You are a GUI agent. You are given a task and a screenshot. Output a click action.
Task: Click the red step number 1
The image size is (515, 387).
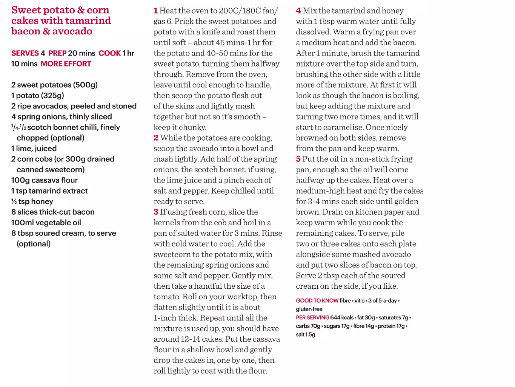tap(155, 11)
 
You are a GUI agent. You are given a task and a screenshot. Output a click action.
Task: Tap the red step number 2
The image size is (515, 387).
tap(156, 138)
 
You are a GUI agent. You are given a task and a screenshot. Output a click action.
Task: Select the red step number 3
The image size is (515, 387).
tap(156, 212)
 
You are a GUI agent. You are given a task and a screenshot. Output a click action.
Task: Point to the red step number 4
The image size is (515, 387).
tap(298, 11)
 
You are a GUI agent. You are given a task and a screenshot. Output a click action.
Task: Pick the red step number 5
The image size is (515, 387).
tap(298, 159)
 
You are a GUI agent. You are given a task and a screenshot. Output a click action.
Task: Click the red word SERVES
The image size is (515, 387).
tap(25, 53)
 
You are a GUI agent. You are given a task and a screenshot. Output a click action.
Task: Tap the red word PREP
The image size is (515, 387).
tap(57, 53)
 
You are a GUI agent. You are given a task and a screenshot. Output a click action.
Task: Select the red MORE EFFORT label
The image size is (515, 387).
tap(66, 64)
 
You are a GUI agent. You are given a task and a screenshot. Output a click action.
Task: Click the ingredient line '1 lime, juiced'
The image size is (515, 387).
tap(34, 149)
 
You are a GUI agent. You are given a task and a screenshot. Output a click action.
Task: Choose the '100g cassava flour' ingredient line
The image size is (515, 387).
tap(45, 180)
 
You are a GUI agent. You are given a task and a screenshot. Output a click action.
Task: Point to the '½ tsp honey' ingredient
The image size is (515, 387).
tap(32, 201)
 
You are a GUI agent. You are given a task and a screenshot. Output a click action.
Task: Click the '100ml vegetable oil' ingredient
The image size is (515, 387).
tap(46, 223)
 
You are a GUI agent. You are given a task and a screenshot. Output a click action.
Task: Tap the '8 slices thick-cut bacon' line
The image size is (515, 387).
tap(53, 212)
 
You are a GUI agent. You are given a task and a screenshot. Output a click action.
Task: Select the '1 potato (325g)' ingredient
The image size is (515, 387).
tap(38, 96)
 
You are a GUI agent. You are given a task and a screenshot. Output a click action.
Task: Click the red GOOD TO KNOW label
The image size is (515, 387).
tap(317, 301)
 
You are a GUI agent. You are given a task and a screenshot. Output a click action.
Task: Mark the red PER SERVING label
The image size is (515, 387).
tap(312, 318)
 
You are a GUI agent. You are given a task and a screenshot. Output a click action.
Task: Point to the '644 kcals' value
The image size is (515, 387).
tap(342, 318)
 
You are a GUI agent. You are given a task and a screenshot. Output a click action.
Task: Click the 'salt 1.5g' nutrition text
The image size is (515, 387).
tap(306, 334)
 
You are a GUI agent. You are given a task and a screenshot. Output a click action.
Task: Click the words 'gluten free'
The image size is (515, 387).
tap(309, 309)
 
